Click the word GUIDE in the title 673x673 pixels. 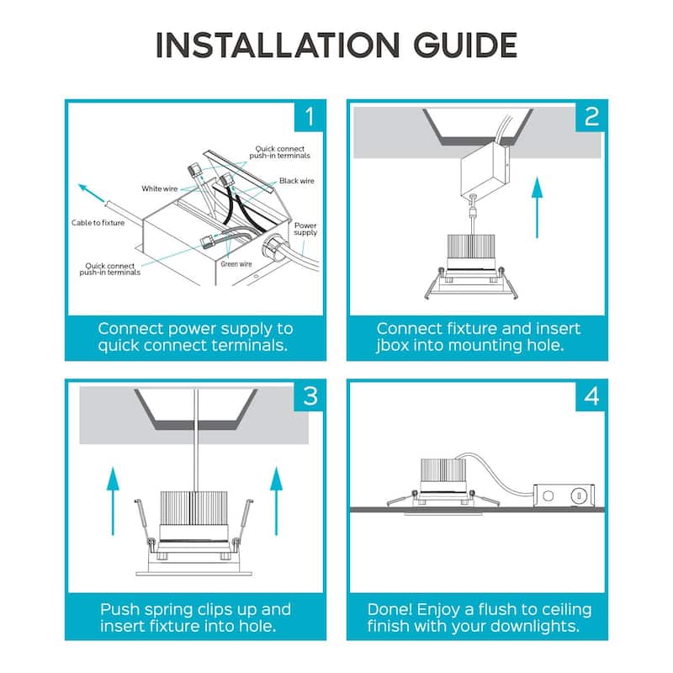pos(465,45)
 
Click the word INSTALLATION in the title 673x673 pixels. pos(278,45)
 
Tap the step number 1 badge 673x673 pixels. pos(309,116)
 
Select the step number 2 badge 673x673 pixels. pos(591,116)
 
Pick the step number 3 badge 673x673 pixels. pos(309,396)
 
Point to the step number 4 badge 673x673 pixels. pos(591,396)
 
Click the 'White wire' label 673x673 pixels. pos(159,188)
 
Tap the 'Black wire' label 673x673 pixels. pos(297,181)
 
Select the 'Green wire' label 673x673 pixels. pos(236,264)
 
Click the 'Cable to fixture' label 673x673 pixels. pos(98,222)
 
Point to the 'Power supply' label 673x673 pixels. pos(305,229)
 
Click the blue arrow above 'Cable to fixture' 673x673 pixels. pos(92,193)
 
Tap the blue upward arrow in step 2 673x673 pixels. pos(537,207)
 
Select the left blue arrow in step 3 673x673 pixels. pos(113,501)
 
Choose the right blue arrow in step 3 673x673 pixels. pos(276,501)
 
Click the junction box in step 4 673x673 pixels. pos(564,495)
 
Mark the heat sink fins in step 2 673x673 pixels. pos(471,246)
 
